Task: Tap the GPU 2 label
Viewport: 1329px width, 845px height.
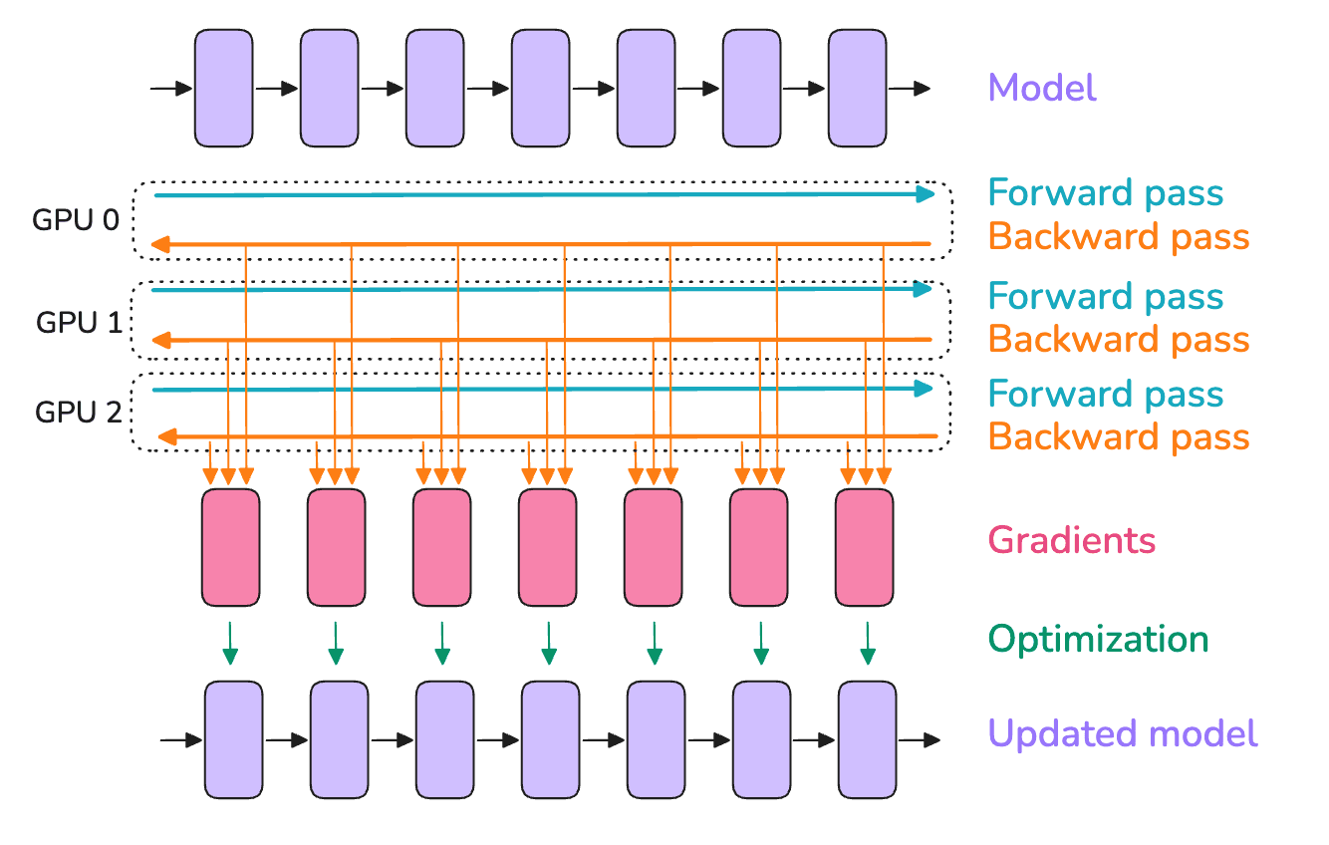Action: coord(78,411)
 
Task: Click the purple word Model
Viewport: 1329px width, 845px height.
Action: coord(1042,88)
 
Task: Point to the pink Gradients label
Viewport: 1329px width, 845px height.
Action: coord(1071,541)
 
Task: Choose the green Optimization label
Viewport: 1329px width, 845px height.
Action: coord(1098,639)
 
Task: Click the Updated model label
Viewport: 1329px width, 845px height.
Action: coord(1123,734)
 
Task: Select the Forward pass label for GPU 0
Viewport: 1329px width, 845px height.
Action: coord(1106,193)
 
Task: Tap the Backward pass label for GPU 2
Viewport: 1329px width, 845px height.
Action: coord(1118,436)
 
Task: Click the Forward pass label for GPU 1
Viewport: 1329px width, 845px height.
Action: coord(1106,296)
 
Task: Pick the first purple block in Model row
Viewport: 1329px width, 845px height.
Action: coord(223,87)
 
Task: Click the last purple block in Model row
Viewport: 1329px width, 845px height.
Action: coord(857,87)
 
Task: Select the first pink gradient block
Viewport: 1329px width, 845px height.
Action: coord(230,546)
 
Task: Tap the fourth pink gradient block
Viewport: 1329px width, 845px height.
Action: coord(547,546)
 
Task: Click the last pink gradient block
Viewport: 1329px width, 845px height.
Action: coord(864,546)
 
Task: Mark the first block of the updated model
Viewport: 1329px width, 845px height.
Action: coord(234,739)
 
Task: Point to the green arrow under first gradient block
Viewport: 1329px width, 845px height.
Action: coord(230,644)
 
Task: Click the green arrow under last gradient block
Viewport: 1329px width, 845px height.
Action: coord(867,644)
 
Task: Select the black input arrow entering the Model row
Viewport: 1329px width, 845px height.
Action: coord(171,89)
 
